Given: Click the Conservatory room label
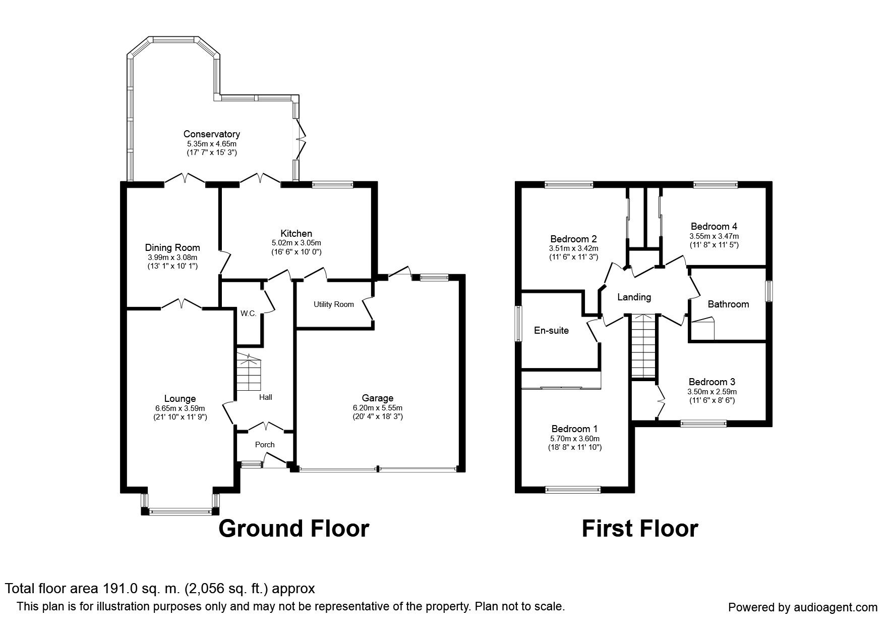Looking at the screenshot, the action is [x=211, y=134].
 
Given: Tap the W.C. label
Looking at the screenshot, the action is [x=248, y=314].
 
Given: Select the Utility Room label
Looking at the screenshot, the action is [x=334, y=304].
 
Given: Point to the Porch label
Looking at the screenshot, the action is [x=265, y=445].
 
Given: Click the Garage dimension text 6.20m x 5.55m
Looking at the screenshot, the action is [x=378, y=408].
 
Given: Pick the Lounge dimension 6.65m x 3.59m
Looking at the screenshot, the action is [x=180, y=408].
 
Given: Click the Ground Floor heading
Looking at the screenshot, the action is [x=294, y=529].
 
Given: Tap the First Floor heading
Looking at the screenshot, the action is [x=640, y=529].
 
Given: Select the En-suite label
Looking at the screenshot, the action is [x=552, y=331].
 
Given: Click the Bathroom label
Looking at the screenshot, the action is [x=728, y=304].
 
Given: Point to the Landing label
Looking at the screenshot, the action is [x=634, y=297].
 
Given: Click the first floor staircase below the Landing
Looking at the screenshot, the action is [x=643, y=346].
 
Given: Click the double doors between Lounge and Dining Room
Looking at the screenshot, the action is [x=182, y=304].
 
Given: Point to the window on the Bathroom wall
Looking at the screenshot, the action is [x=769, y=291].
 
